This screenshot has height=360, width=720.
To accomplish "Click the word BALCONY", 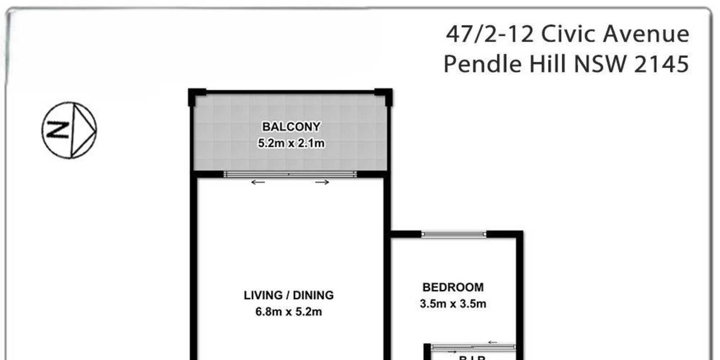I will [291, 127].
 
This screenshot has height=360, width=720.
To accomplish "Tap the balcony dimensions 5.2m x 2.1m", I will [291, 144].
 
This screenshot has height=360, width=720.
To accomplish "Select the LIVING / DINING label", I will [288, 295].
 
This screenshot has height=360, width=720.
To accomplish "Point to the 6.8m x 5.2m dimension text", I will [288, 311].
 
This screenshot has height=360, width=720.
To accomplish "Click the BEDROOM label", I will [453, 287].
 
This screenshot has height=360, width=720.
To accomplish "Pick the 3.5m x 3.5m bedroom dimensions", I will [453, 304].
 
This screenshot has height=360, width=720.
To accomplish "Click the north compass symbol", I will [69, 130].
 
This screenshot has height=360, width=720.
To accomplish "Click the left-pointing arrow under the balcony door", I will [258, 182].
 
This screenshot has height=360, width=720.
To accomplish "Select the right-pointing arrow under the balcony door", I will [322, 182].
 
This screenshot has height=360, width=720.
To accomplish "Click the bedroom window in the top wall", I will [454, 234].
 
